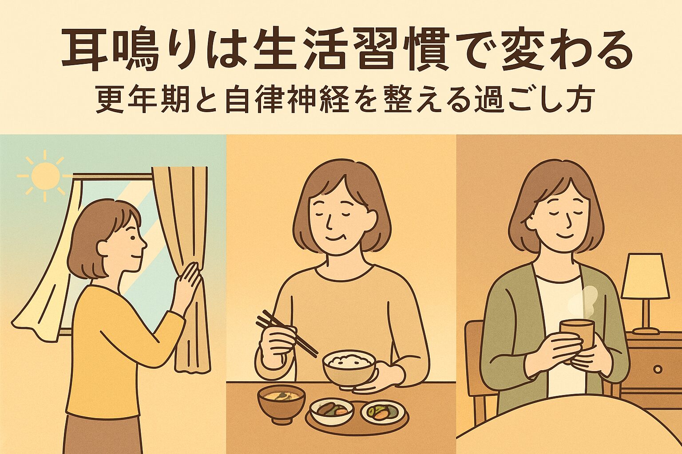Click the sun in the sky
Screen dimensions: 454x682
pos(44,175)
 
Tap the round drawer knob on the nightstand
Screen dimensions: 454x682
pos(658,368)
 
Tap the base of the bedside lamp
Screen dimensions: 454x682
pos(646,330)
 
